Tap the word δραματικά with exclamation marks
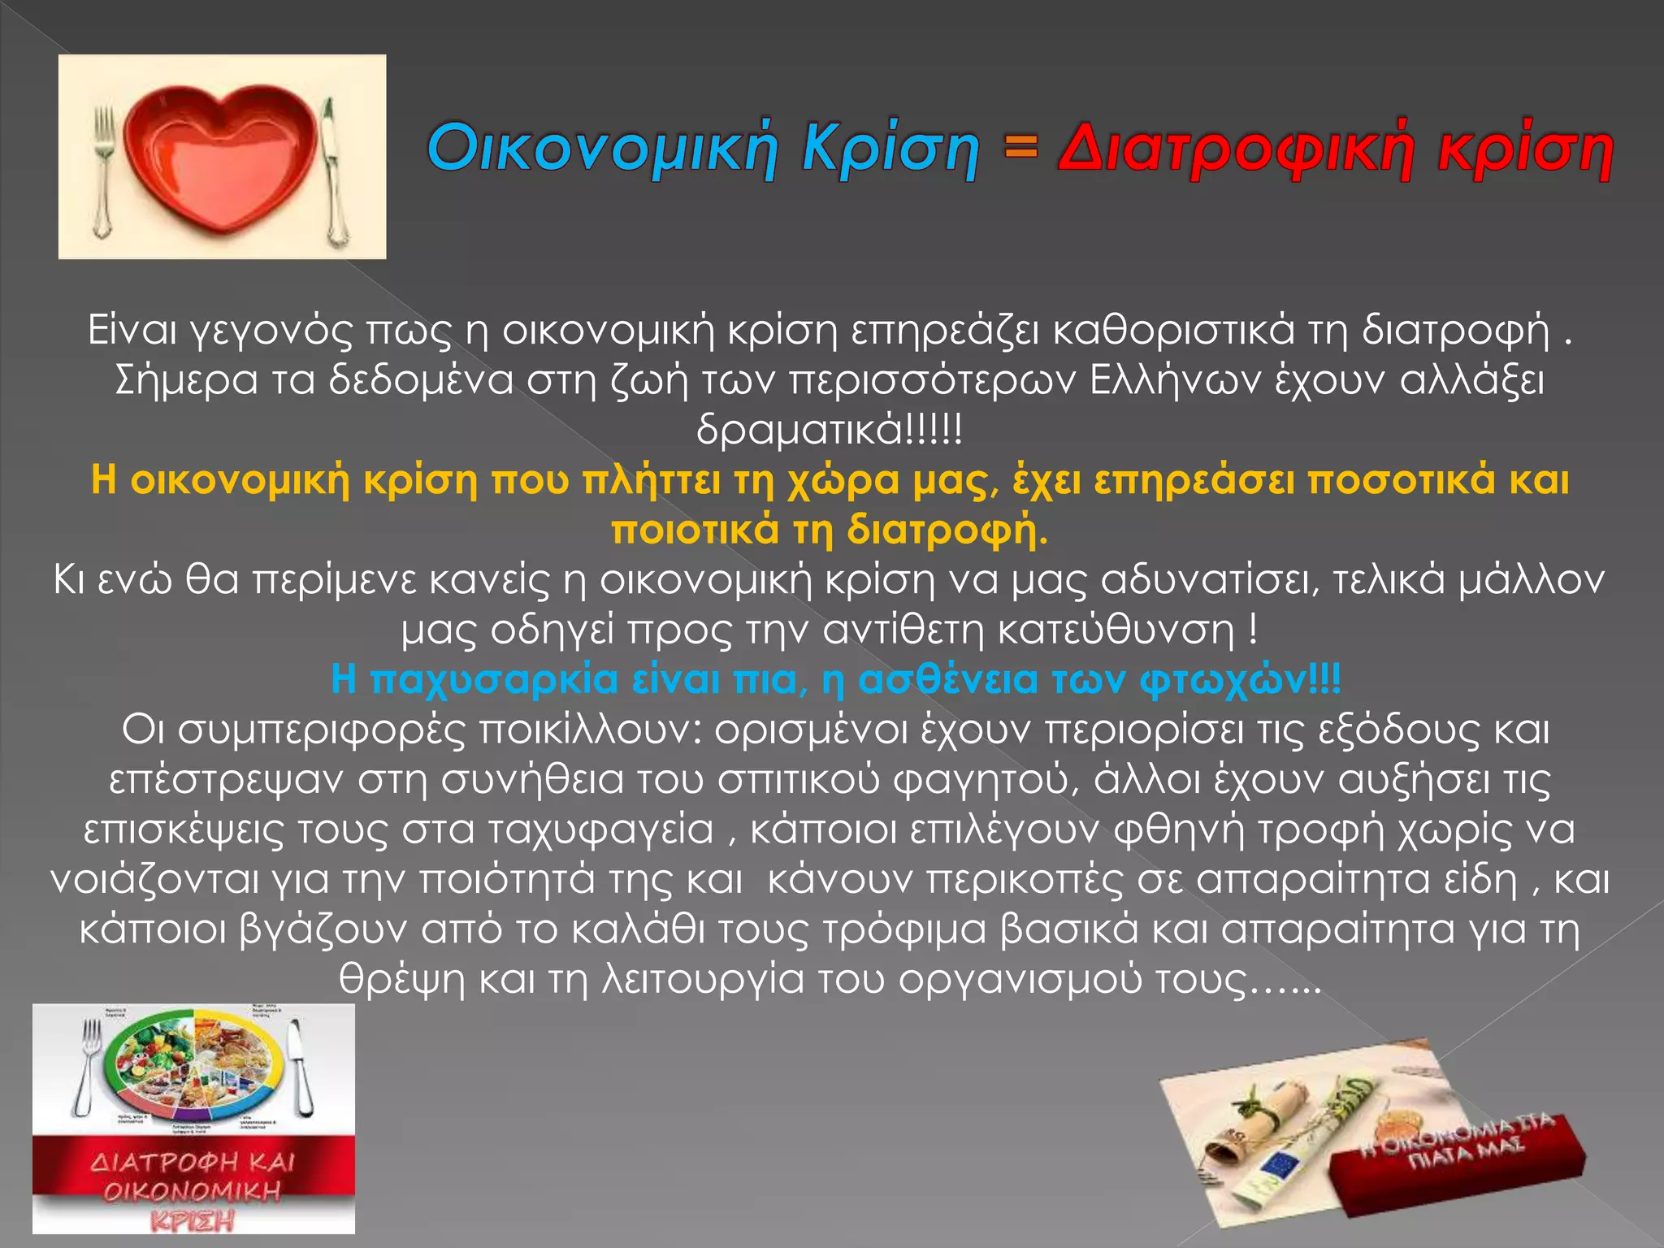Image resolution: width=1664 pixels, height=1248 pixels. tap(829, 429)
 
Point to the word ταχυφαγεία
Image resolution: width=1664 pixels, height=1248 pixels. tap(601, 830)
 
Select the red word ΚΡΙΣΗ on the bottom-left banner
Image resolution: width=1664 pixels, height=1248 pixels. tap(192, 1220)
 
